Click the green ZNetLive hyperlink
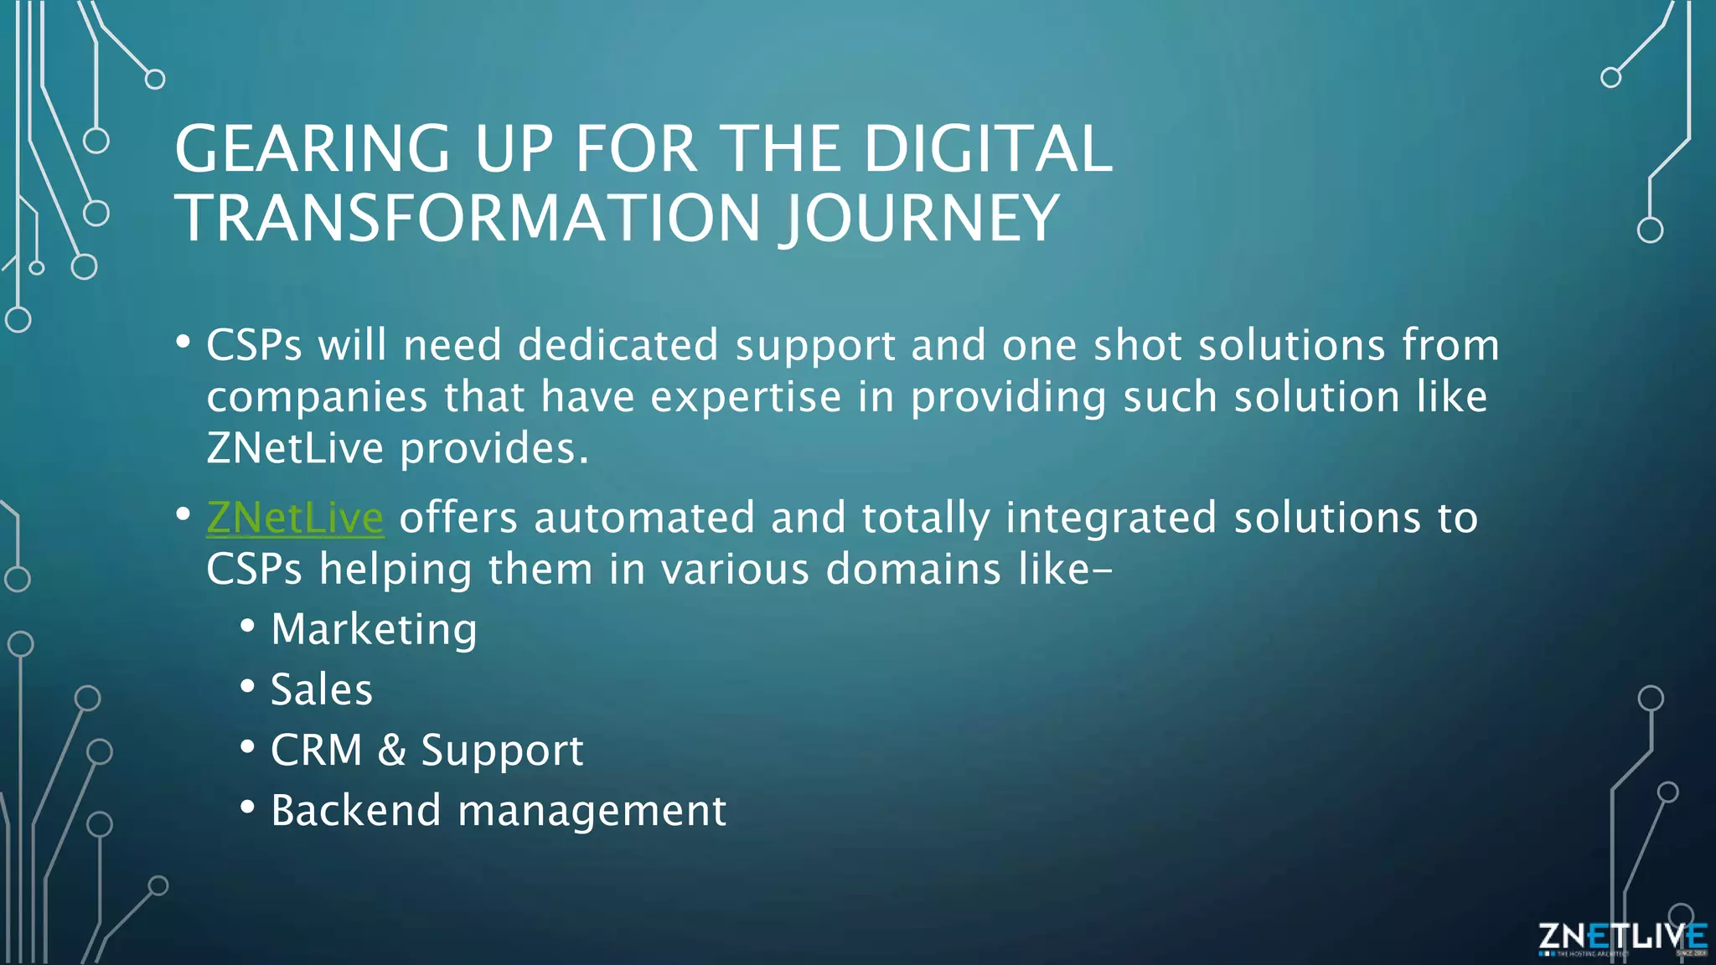(294, 518)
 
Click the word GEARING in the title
(313, 149)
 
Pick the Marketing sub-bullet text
(374, 629)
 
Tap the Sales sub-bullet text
(321, 690)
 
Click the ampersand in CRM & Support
(391, 750)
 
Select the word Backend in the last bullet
(355, 811)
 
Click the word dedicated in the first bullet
(618, 345)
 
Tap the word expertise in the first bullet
(745, 398)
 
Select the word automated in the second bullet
(643, 518)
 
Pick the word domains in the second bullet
(912, 570)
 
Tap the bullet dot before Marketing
(247, 626)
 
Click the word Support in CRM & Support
(501, 751)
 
